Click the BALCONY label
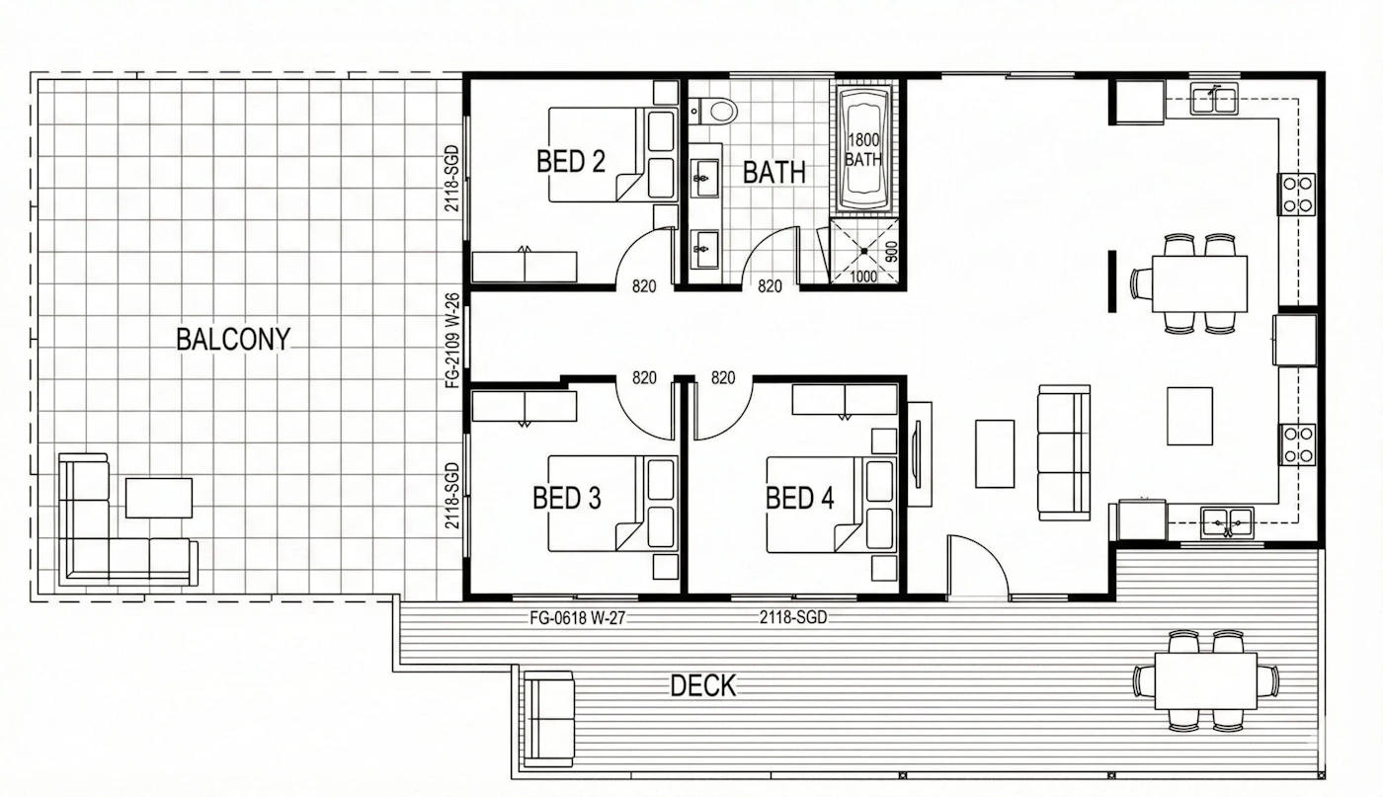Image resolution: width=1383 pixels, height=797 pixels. pyautogui.click(x=233, y=340)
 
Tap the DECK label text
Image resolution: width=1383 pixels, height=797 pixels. pyautogui.click(x=703, y=685)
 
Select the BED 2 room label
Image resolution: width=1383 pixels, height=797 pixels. pyautogui.click(x=571, y=162)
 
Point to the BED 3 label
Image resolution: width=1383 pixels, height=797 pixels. pyautogui.click(x=567, y=498)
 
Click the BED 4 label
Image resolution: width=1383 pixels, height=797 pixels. pyautogui.click(x=799, y=498)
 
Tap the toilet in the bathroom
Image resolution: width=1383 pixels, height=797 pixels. pyautogui.click(x=713, y=112)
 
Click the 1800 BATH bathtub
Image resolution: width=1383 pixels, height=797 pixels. pyautogui.click(x=863, y=149)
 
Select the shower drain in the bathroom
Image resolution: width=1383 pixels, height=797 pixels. pyautogui.click(x=863, y=251)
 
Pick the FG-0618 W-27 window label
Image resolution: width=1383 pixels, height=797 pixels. pyautogui.click(x=577, y=618)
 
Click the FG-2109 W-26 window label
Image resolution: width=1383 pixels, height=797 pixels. pyautogui.click(x=452, y=341)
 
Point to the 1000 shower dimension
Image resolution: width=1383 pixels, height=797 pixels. pyautogui.click(x=863, y=277)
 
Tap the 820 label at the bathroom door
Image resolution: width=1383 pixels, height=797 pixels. pyautogui.click(x=770, y=286)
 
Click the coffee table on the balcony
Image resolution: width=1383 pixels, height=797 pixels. pyautogui.click(x=159, y=498)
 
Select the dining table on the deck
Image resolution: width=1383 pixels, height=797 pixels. pyautogui.click(x=1205, y=680)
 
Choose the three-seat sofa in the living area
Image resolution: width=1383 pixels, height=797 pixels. pyautogui.click(x=1064, y=452)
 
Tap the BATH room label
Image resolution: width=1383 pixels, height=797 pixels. pyautogui.click(x=774, y=172)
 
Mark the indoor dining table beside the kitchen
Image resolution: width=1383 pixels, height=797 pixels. pyautogui.click(x=1199, y=284)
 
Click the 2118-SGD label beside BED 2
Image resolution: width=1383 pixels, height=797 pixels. pyautogui.click(x=452, y=179)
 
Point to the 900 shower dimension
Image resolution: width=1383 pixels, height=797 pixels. pyautogui.click(x=891, y=252)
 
